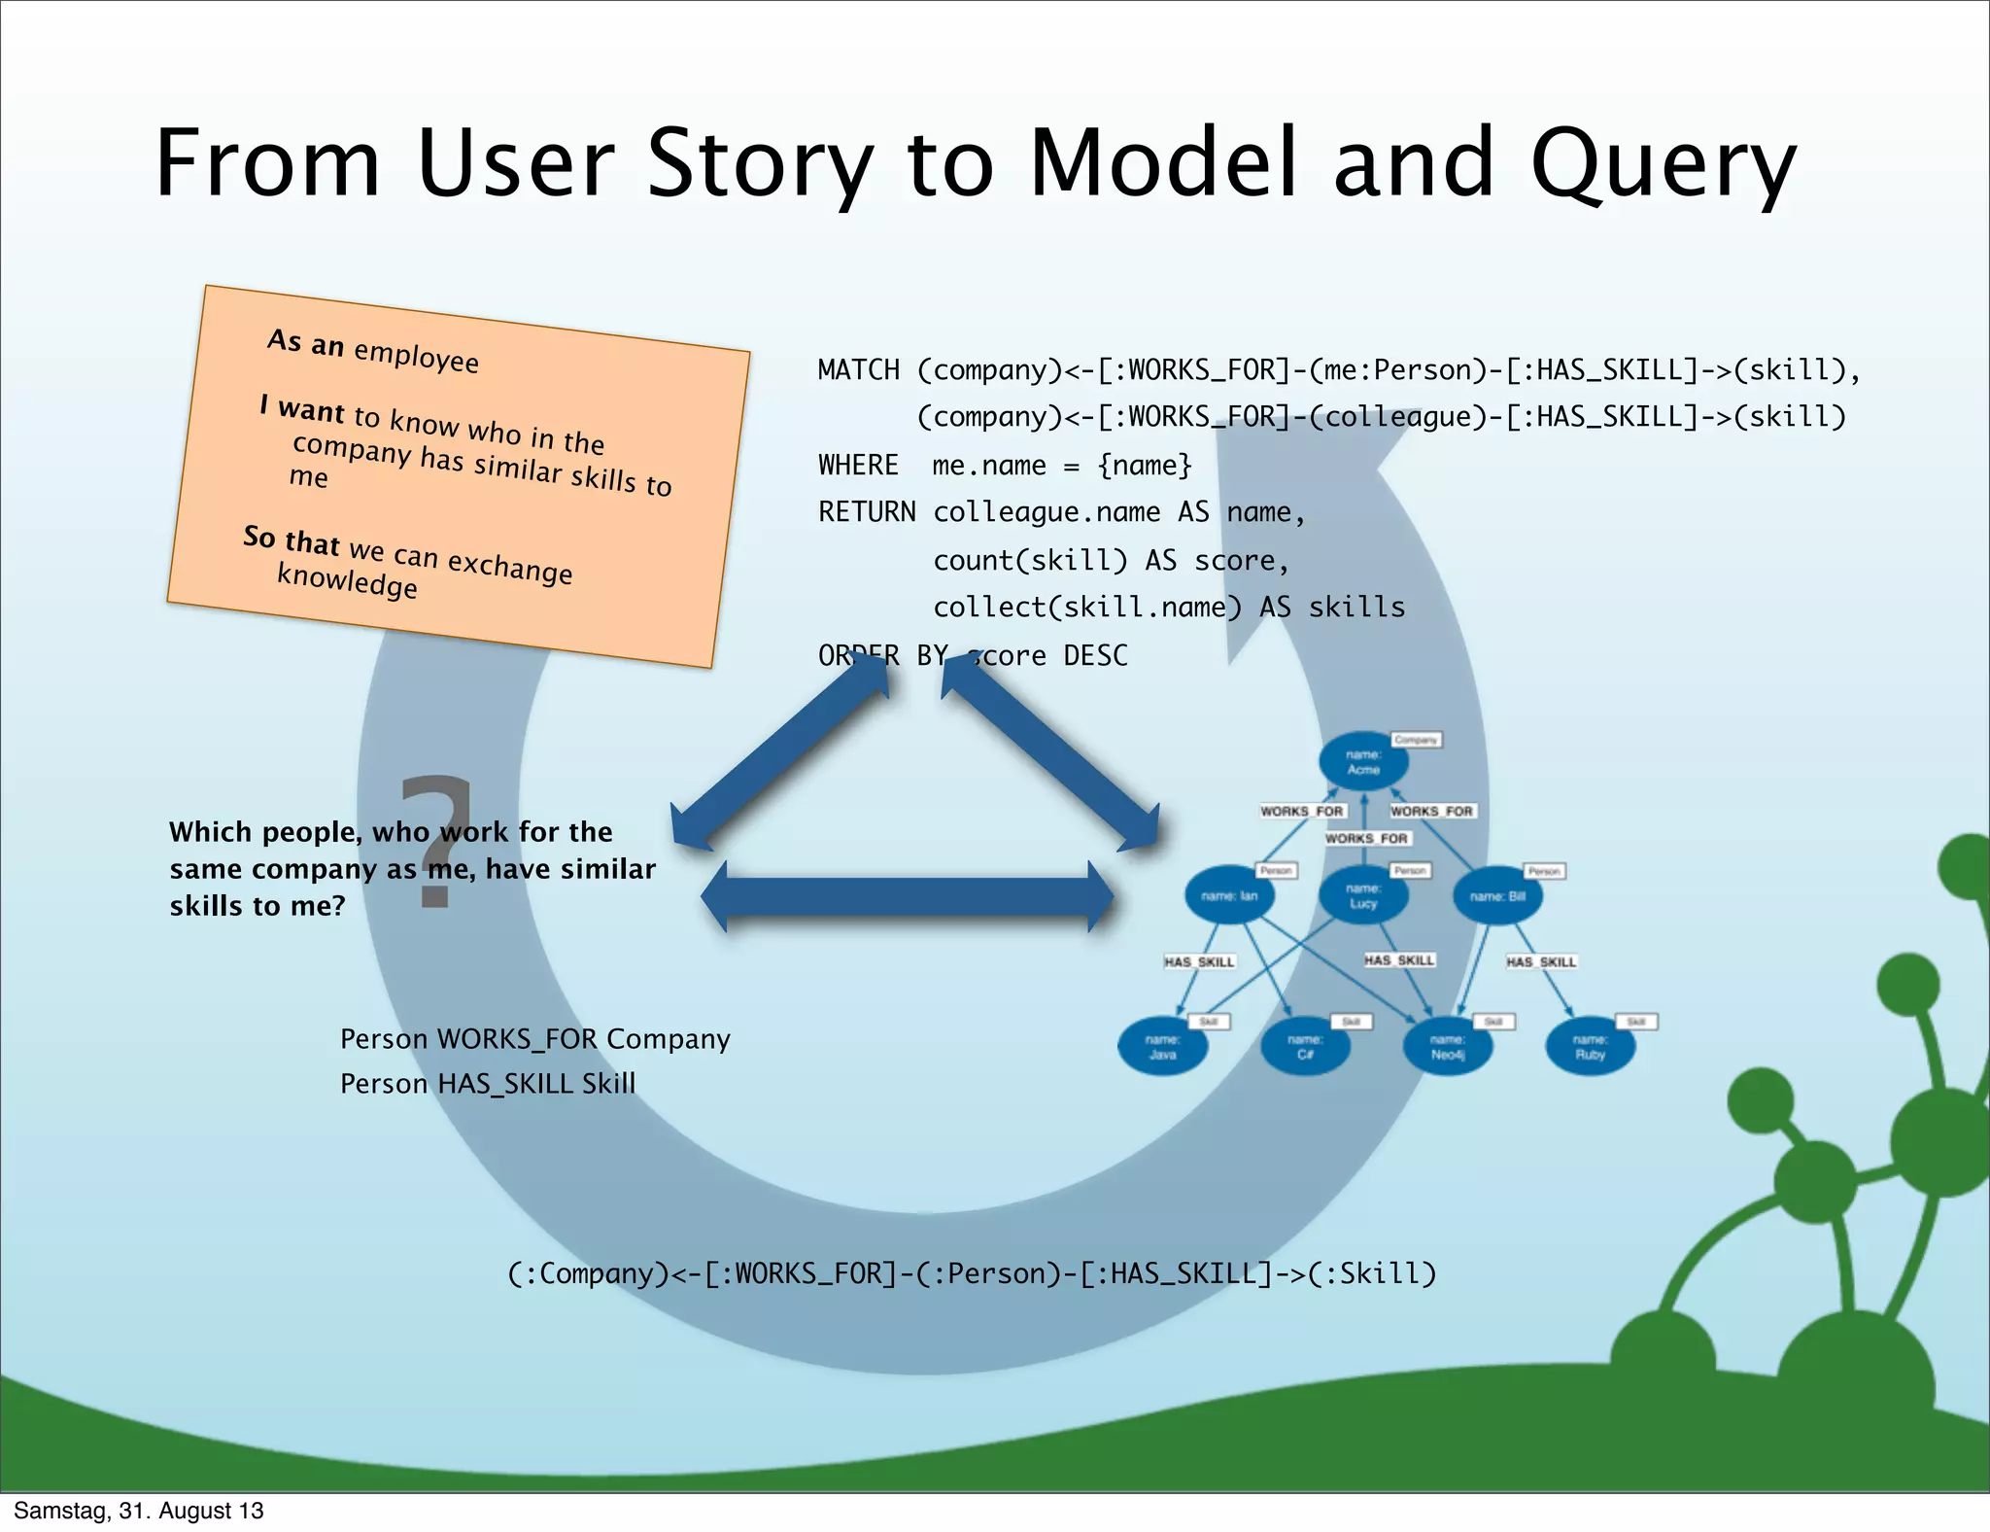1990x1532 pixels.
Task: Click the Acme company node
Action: [x=1363, y=761]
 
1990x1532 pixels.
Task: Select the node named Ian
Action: [x=1229, y=895]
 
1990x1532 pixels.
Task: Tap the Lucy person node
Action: [x=1363, y=895]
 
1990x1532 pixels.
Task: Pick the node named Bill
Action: [x=1497, y=895]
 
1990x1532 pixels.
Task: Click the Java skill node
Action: [x=1163, y=1046]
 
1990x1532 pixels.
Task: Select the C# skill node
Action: [x=1305, y=1046]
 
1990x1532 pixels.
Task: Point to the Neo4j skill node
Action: [x=1448, y=1046]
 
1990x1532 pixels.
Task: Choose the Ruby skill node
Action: [x=1590, y=1046]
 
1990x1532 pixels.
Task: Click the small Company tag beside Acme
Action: [x=1416, y=740]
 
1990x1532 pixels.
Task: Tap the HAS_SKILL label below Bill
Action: [x=1541, y=961]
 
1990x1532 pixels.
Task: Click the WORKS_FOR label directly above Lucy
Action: [x=1366, y=838]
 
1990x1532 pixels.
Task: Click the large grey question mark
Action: [x=436, y=842]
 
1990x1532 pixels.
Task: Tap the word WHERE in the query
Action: [x=858, y=465]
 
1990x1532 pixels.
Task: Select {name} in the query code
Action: [x=1144, y=465]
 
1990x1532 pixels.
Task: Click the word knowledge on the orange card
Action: [x=347, y=580]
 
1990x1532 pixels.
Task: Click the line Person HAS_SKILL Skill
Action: [x=487, y=1083]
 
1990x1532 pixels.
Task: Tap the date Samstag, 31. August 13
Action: [x=138, y=1511]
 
